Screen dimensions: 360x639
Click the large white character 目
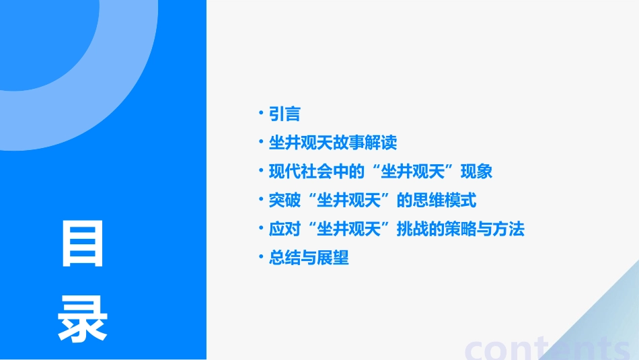[x=82, y=243]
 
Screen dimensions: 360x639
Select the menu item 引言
[x=285, y=114]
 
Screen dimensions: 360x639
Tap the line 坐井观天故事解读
[x=333, y=143]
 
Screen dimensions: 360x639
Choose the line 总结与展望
[x=309, y=258]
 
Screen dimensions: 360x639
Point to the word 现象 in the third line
[x=476, y=172]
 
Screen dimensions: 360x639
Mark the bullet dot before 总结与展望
[x=262, y=257]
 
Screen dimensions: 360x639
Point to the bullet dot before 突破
[x=262, y=200]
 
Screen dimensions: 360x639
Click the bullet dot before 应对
[x=262, y=229]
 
